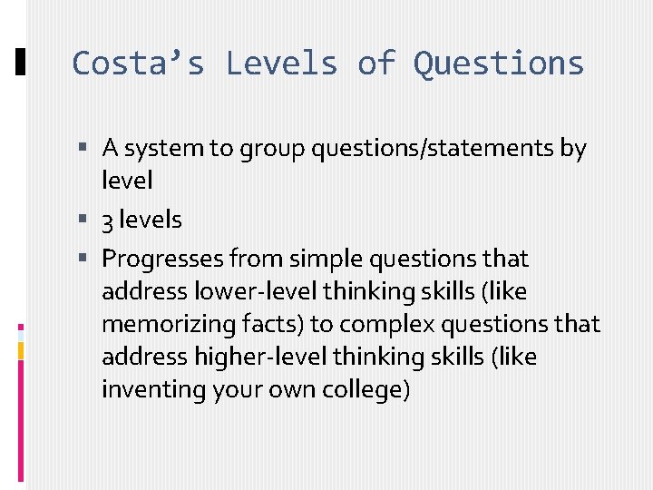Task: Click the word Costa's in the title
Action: tap(138, 64)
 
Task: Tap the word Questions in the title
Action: tap(499, 64)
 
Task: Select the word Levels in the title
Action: tap(281, 64)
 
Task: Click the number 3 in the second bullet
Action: tap(108, 220)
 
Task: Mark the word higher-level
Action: tap(250, 358)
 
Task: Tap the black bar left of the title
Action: tap(21, 63)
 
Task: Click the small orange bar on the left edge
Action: tap(21, 351)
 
